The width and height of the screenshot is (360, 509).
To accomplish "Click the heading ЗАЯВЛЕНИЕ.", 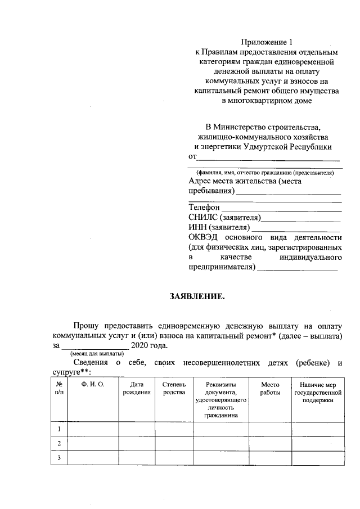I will [197, 296].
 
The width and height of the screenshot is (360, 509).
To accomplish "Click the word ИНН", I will [198, 227].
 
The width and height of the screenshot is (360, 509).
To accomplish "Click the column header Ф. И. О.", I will [93, 385].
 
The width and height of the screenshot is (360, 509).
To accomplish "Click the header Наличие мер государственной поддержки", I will [318, 392].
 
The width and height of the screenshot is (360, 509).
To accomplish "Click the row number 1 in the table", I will [58, 430].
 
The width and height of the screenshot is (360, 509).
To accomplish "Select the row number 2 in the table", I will [58, 444].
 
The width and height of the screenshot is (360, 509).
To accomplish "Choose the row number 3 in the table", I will [58, 458].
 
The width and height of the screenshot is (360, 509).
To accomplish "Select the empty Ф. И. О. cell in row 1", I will [93, 430].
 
